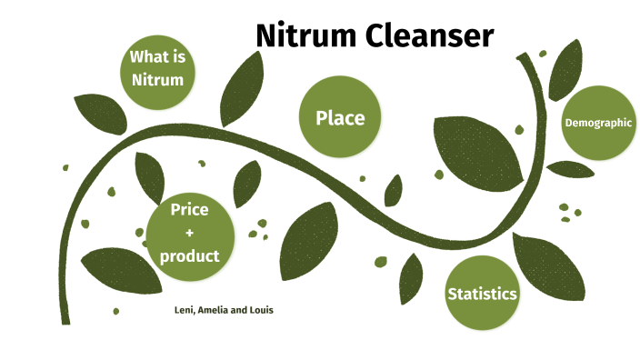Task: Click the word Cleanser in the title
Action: coord(430,36)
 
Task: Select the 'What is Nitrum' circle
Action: coord(157,68)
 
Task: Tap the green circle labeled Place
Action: coord(339,117)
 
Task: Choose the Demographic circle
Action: coord(598,123)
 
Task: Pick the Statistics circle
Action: coord(482,294)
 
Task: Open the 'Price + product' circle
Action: coord(190,234)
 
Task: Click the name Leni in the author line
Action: coord(183,310)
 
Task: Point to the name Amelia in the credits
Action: coord(215,310)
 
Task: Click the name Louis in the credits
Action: coord(261,310)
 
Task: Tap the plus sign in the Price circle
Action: coord(190,234)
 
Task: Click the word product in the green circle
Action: coord(190,256)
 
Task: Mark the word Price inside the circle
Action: coord(190,210)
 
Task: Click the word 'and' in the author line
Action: coord(240,310)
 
